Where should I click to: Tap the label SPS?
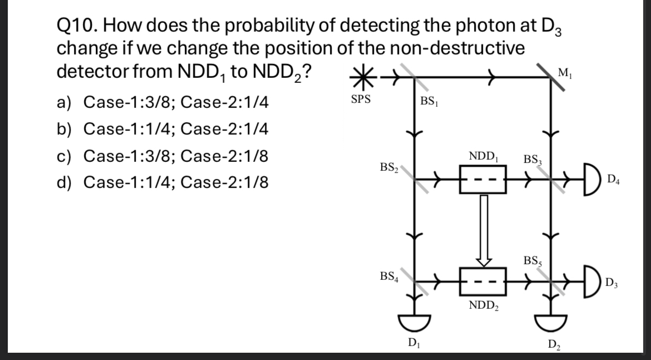tap(361, 101)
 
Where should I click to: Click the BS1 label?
tap(429, 102)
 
